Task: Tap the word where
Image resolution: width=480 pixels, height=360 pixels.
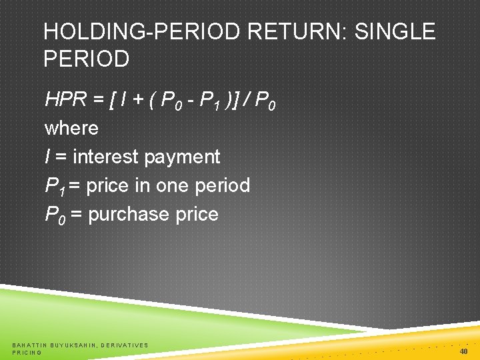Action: point(71,128)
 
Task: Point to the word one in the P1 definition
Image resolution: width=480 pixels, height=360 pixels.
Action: point(175,185)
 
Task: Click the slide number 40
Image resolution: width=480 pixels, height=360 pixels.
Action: point(463,351)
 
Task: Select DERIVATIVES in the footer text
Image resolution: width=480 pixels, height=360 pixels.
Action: point(124,345)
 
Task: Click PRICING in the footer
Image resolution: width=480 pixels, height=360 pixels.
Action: point(27,352)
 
